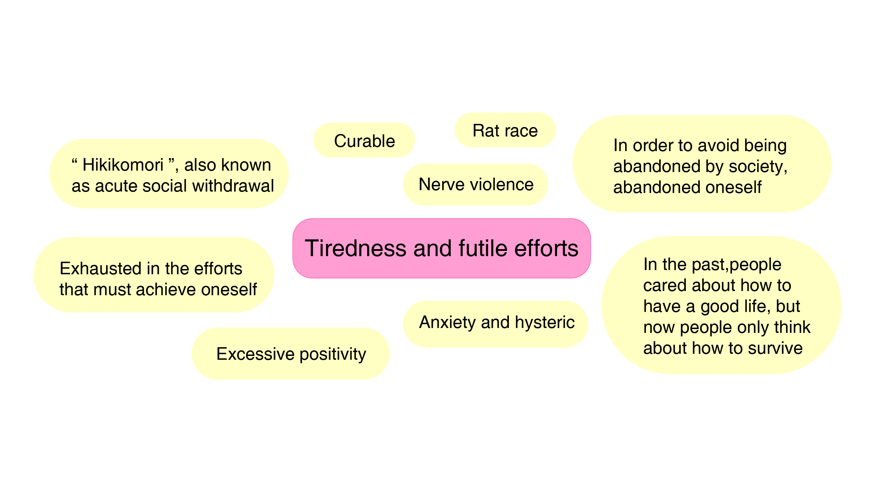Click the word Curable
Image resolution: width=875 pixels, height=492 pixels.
pos(364,141)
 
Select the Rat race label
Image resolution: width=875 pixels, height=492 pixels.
pos(505,131)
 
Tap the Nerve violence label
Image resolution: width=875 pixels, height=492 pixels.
pos(476,185)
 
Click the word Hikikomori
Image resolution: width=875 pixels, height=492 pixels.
pos(123,165)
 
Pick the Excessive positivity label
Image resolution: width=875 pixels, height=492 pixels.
pos(291,354)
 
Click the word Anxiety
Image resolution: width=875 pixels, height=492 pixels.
pos(447,322)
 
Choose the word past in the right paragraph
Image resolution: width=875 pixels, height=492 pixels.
pos(709,265)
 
